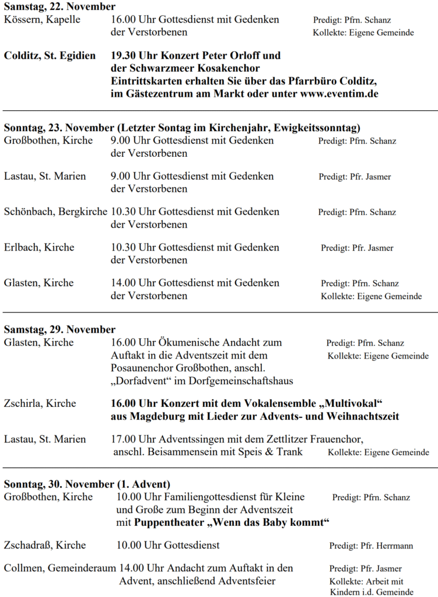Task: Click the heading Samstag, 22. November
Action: tap(59, 7)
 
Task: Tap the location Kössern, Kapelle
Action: tap(42, 20)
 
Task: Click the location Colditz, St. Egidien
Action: tap(50, 56)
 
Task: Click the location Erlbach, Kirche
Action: tap(39, 247)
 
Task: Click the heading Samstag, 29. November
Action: tap(59, 329)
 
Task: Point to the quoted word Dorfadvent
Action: tap(142, 381)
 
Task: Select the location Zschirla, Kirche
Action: tap(40, 403)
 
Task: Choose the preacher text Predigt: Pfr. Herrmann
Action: tap(371, 546)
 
